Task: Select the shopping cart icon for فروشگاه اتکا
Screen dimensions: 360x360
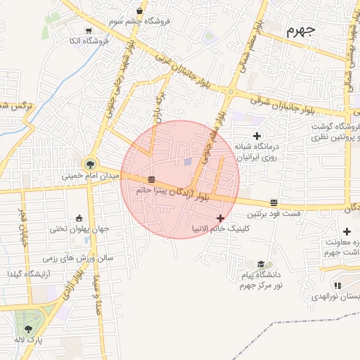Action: pos(89,31)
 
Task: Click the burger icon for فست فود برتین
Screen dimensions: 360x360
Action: pos(274,201)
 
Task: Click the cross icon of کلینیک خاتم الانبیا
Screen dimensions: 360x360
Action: pos(221,218)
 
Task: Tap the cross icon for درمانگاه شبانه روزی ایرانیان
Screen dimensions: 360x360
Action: pos(257,135)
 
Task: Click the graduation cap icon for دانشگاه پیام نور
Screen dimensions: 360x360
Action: pos(261,262)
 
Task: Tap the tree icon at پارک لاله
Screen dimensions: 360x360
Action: pos(28,328)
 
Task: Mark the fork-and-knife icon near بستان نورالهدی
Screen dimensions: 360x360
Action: pos(337,285)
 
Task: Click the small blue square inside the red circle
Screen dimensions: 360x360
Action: pos(187,162)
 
